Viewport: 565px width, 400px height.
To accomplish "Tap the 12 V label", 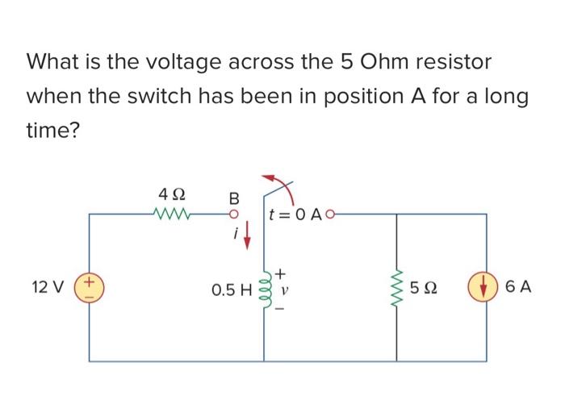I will point(46,287).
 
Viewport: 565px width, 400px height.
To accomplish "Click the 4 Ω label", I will point(172,194).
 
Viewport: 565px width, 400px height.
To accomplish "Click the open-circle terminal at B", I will point(233,215).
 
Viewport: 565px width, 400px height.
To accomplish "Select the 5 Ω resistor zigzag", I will point(395,287).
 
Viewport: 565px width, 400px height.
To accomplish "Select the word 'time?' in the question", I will point(53,131).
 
